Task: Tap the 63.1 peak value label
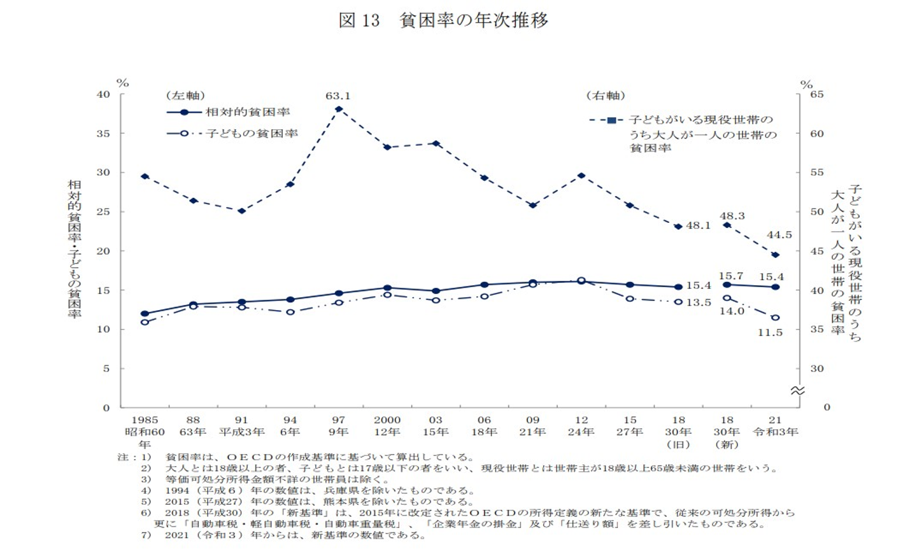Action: click(x=338, y=96)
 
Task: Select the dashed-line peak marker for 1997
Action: click(x=338, y=109)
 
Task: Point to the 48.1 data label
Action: click(x=698, y=225)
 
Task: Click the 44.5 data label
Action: click(x=779, y=235)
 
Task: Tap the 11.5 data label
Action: click(x=769, y=332)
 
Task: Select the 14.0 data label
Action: click(x=732, y=311)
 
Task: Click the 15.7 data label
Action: click(x=730, y=276)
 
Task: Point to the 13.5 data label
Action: click(x=698, y=302)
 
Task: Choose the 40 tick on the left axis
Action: click(x=103, y=94)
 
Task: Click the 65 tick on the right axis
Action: click(x=816, y=94)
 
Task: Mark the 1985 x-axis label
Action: click(x=145, y=420)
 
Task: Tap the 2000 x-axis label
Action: click(x=387, y=420)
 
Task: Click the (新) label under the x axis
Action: click(x=727, y=444)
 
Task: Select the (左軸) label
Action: click(x=185, y=96)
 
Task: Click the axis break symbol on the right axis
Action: click(x=797, y=390)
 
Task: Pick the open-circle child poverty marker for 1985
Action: click(x=145, y=322)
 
